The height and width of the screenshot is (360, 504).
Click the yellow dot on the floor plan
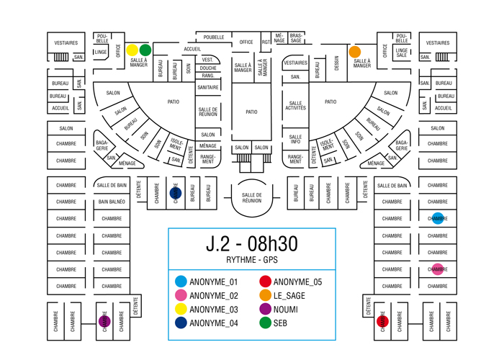point(132,50)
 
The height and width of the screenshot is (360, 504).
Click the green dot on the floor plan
point(145,50)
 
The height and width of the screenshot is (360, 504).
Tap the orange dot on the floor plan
point(355,52)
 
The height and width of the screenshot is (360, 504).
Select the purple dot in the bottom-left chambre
point(104,321)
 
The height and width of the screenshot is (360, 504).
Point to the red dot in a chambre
point(383,321)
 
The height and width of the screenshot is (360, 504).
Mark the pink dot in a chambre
point(438,269)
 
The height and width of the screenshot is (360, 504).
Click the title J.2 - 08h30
point(251,244)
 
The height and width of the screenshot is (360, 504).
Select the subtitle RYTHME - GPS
point(251,260)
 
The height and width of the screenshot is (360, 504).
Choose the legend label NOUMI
point(286,310)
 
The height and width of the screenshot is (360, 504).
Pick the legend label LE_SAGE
point(289,296)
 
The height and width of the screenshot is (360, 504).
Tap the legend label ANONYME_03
point(213,310)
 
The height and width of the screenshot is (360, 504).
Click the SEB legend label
point(281,323)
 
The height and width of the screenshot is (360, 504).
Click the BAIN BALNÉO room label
point(112,202)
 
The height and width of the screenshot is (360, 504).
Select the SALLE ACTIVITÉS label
point(295,106)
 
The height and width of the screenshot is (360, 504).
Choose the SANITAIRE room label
point(208,87)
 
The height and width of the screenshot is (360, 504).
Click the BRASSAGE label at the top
point(297,37)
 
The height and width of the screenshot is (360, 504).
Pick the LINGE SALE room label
point(402,52)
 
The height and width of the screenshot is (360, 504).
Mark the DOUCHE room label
point(208,68)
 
